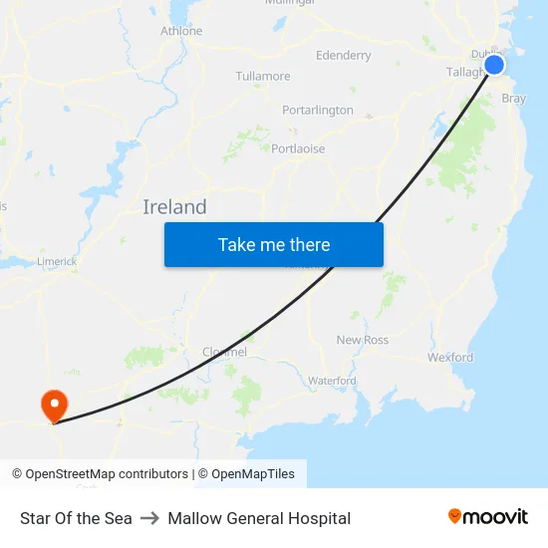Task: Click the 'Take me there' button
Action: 274,244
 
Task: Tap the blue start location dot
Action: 494,66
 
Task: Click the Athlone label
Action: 181,31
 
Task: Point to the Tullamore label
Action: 263,76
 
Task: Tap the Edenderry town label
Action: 343,56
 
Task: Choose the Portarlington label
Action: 318,110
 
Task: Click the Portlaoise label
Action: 298,148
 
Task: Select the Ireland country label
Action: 174,207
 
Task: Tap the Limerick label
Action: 57,261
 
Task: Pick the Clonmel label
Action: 224,352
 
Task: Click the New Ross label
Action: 363,340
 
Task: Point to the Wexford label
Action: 450,357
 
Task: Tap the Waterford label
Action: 332,381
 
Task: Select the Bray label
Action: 514,99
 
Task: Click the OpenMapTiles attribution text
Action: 252,474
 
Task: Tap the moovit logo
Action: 488,517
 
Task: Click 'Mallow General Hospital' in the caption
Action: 259,518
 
